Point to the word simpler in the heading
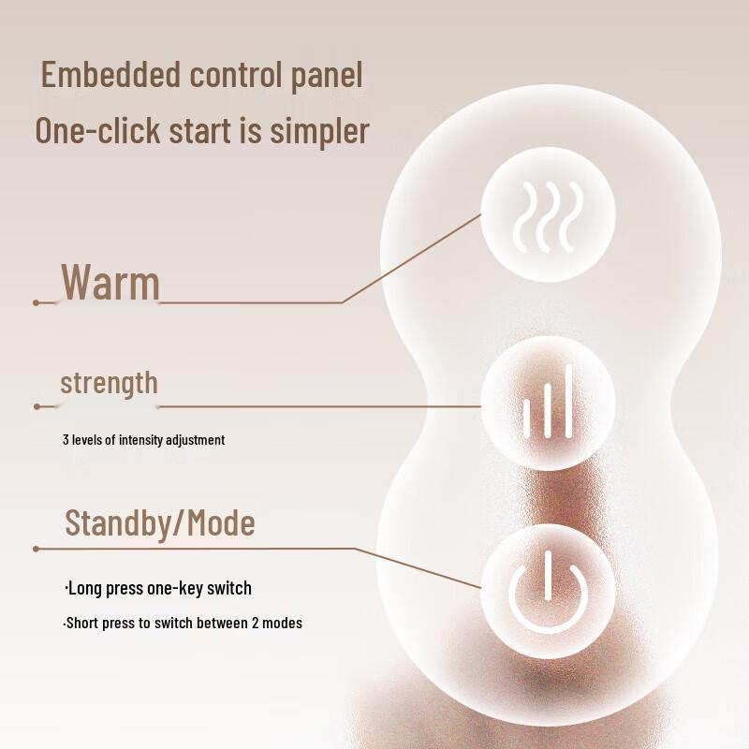click(320, 132)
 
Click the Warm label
click(110, 282)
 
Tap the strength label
click(109, 383)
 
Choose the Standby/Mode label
click(159, 522)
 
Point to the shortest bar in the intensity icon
click(527, 419)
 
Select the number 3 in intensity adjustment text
click(66, 440)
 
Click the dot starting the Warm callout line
click(36, 302)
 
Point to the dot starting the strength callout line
click(37, 406)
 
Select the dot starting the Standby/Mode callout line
click(36, 549)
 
